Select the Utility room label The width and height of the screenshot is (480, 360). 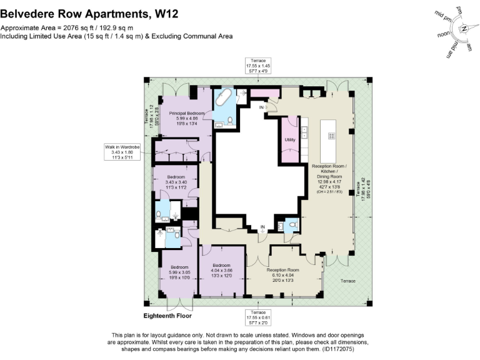click(289, 139)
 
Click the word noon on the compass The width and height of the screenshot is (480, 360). click(444, 35)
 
